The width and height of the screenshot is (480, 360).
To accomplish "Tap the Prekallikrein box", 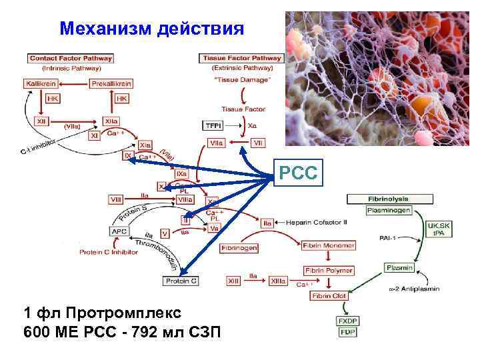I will (111, 84).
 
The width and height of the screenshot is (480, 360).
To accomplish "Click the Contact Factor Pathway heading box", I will (70, 58).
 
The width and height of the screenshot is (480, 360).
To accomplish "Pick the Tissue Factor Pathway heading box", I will (241, 58).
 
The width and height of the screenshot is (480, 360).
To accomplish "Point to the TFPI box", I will (213, 125).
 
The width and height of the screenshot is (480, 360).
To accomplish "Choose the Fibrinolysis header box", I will (389, 199).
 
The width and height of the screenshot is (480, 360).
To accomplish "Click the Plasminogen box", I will (389, 211).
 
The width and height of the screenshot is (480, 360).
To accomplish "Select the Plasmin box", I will (399, 268).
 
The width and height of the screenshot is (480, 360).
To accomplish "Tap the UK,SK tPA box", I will (439, 229).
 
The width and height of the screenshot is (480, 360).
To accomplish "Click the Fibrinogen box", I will (239, 248).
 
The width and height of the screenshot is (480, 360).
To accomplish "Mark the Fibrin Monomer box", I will (328, 245).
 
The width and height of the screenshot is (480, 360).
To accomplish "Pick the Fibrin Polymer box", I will (328, 270).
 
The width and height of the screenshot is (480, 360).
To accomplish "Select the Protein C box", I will (180, 281).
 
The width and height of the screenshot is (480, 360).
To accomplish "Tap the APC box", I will (118, 231).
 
